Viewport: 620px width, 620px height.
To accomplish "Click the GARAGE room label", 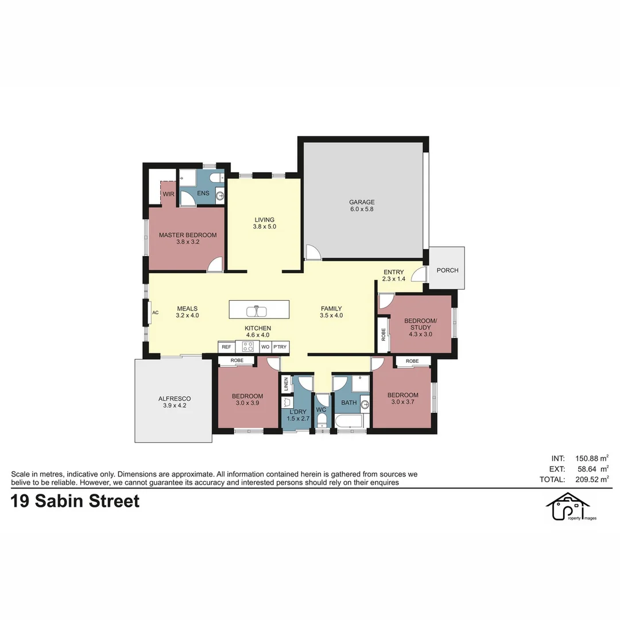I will click(362, 202).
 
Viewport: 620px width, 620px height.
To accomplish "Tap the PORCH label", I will click(447, 270).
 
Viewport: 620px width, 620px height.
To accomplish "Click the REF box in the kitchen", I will click(226, 347).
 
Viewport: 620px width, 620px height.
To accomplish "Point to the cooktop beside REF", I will click(248, 347).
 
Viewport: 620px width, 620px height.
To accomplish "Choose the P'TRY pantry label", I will click(280, 347).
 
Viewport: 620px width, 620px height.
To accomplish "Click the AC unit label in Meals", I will click(155, 313).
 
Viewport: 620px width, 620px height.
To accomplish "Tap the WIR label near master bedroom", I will click(168, 194).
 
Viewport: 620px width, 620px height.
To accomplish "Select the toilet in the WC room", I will click(321, 421).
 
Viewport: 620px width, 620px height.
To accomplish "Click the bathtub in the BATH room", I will click(349, 422).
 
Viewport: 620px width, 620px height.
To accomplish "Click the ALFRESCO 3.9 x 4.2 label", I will click(175, 402).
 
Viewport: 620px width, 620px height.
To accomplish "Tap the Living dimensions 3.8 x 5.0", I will click(265, 227).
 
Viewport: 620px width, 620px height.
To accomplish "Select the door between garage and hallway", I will click(312, 251).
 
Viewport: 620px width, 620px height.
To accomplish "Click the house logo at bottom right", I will click(568, 507).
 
